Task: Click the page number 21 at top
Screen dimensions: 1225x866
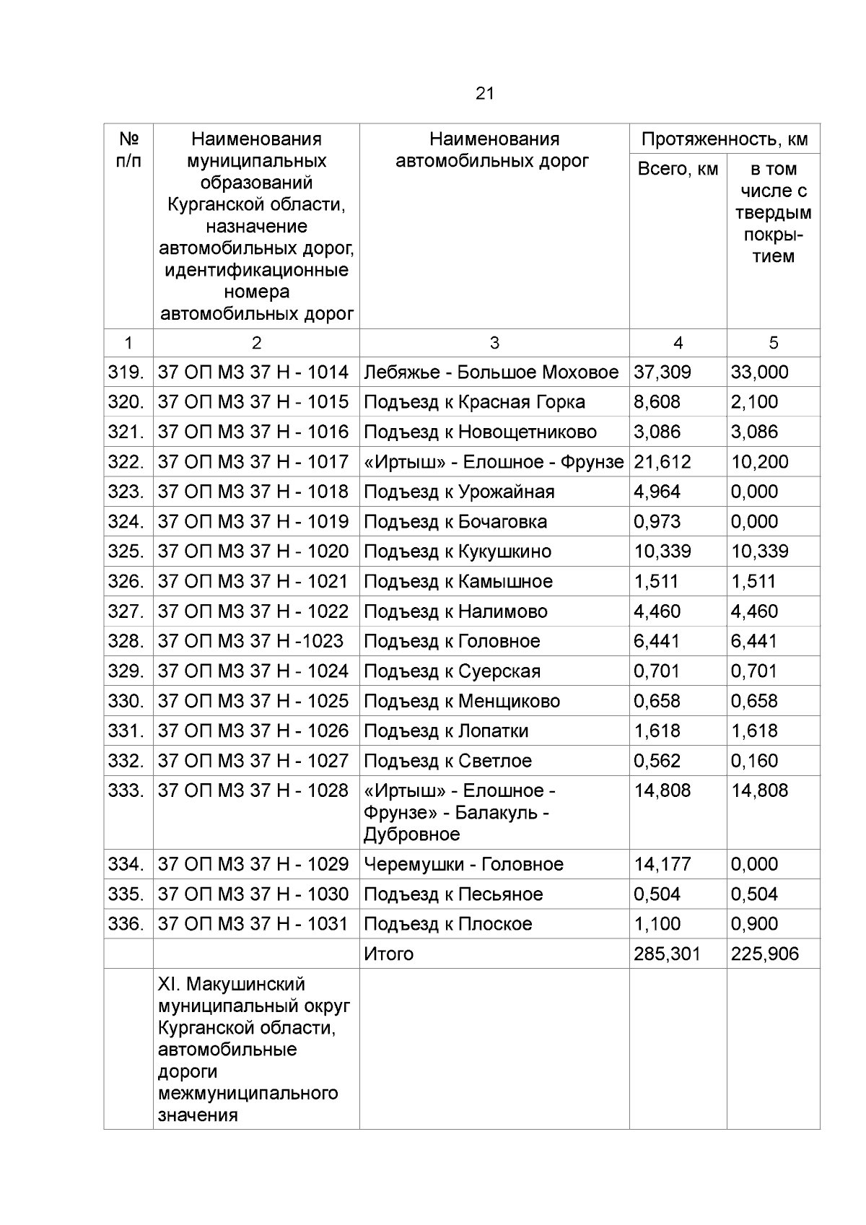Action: tap(485, 93)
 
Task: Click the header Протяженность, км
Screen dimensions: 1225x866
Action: tap(725, 139)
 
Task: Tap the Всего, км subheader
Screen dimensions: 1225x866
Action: tap(678, 169)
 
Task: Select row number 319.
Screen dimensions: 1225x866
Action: tap(126, 372)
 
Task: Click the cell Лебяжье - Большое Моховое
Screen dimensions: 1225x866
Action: tap(491, 372)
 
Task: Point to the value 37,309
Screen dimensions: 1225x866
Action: tap(662, 372)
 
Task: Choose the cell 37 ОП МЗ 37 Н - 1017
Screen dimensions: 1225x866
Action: tap(253, 462)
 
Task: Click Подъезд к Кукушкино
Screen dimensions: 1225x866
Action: tap(457, 552)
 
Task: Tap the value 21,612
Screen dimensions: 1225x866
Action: tap(662, 462)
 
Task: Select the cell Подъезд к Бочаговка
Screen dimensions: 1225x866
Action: tap(455, 522)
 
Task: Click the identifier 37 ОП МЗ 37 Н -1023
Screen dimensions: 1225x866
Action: tap(250, 641)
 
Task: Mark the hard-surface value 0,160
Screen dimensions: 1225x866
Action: tap(754, 761)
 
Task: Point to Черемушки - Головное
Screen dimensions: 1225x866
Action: tap(463, 864)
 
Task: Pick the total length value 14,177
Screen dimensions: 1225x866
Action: tap(662, 864)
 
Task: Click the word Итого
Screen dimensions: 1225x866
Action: tap(388, 954)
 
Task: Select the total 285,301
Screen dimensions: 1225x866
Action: tap(667, 954)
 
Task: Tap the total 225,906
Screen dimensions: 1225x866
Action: tap(764, 954)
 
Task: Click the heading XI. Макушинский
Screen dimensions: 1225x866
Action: tap(231, 985)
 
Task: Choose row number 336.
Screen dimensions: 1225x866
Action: tap(126, 924)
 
